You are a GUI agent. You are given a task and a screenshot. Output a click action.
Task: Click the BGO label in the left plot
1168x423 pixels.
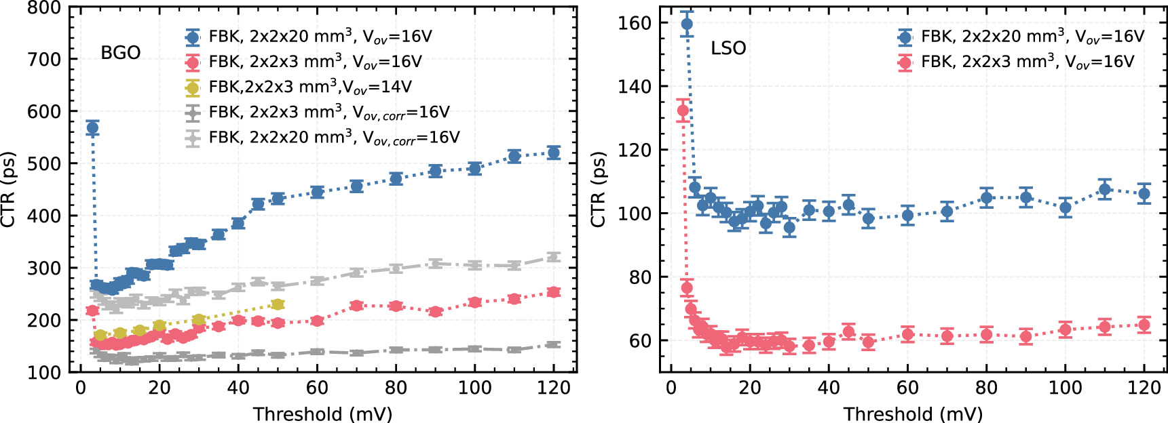[x=120, y=53]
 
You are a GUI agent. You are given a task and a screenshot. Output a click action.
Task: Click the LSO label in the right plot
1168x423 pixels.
[x=728, y=48]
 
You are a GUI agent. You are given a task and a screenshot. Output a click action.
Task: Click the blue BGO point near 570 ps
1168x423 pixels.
[x=92, y=128]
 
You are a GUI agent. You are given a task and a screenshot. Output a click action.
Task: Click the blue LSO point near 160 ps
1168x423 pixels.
[x=687, y=24]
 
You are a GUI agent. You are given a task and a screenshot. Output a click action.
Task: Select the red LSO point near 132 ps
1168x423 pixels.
[x=683, y=110]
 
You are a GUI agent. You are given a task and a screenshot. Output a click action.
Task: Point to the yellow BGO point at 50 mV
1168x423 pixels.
[x=278, y=305]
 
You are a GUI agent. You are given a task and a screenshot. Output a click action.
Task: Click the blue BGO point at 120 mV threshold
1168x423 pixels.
[x=554, y=153]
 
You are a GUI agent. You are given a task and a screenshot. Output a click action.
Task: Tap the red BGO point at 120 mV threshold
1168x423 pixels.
[x=554, y=292]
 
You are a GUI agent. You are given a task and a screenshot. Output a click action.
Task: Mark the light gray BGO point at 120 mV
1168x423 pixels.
[x=554, y=257]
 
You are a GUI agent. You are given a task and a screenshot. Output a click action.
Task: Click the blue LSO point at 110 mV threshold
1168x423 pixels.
[x=1105, y=189]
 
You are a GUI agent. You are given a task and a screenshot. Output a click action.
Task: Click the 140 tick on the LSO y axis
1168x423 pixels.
[x=634, y=86]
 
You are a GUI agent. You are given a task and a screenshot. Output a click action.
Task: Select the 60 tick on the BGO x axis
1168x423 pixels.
[x=317, y=388]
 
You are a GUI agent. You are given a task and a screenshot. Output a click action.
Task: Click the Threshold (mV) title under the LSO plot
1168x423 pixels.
[x=913, y=414]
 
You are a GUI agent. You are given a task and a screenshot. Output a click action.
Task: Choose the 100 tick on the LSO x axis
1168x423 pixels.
[x=1065, y=388]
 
